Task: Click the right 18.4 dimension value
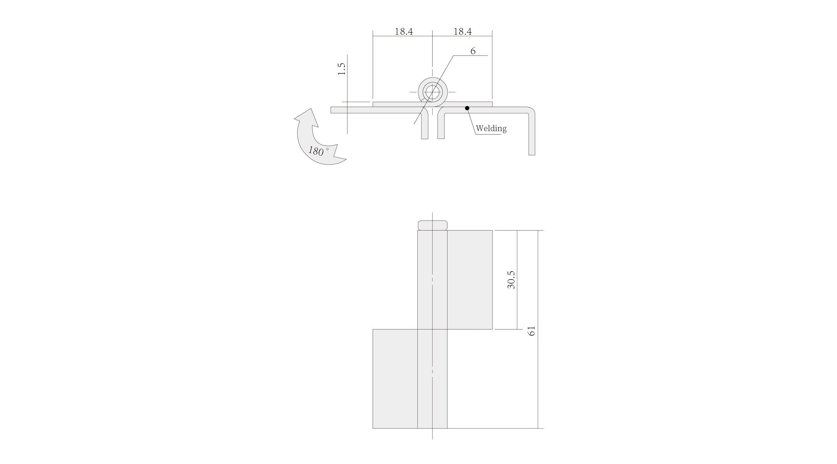point(462,32)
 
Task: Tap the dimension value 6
point(473,51)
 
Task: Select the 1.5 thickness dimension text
point(341,69)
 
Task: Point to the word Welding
point(491,128)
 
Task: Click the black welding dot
point(467,108)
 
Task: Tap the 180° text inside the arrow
point(318,151)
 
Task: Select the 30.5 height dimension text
point(511,280)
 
